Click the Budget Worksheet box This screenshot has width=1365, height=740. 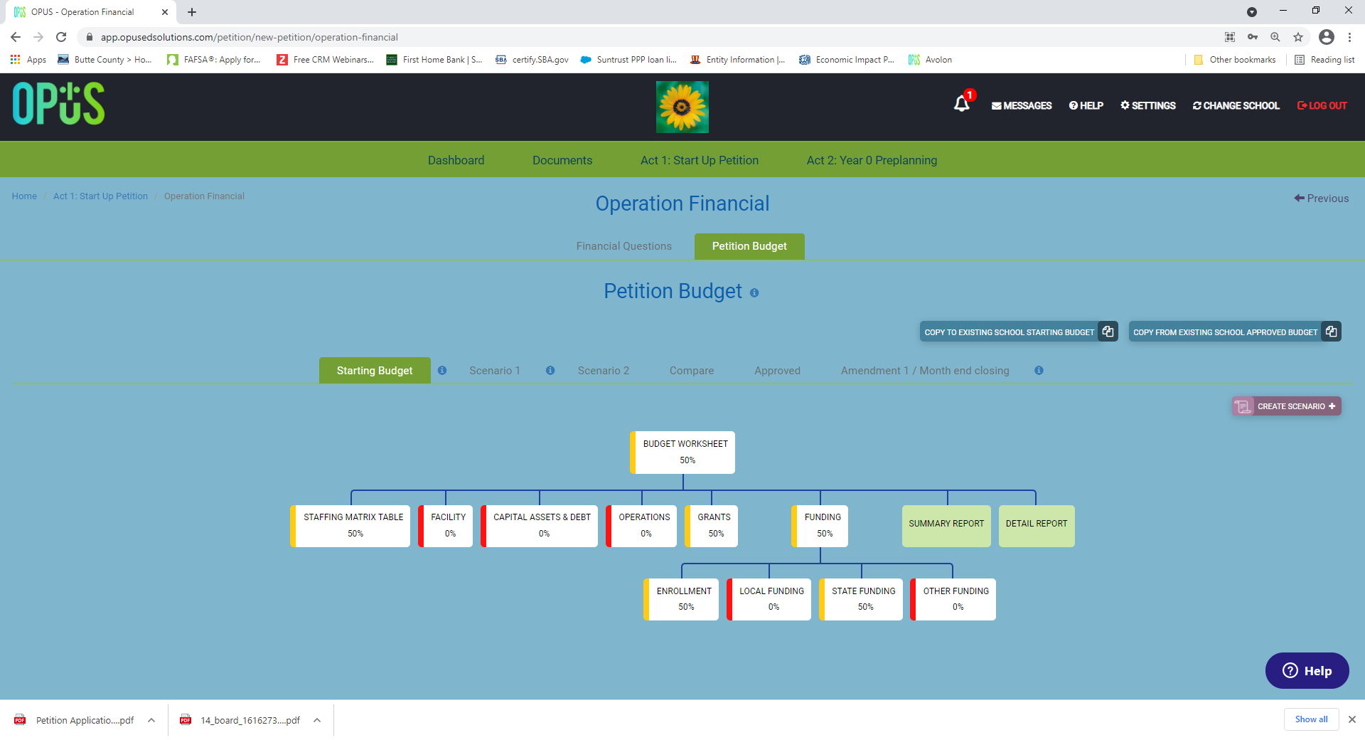(682, 453)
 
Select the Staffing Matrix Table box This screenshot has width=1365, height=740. (350, 526)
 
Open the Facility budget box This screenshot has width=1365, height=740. (446, 526)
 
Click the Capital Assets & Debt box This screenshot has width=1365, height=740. (540, 526)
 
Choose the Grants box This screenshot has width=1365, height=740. (712, 526)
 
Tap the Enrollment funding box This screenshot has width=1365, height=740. (681, 599)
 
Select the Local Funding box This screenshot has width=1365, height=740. (769, 599)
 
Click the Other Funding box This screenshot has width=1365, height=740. (953, 599)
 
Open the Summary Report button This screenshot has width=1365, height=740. (946, 526)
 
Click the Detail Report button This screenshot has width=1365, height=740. (1037, 526)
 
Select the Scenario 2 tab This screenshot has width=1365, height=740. (604, 371)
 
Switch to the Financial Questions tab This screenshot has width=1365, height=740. (624, 246)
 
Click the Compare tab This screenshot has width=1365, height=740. (692, 371)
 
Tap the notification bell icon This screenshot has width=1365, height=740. (962, 104)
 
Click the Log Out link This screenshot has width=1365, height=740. (1322, 105)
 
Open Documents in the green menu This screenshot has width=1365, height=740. (562, 160)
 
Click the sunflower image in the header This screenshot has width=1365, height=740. (682, 107)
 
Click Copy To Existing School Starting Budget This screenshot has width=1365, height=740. (1019, 332)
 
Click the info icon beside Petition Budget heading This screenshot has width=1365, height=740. (754, 292)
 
